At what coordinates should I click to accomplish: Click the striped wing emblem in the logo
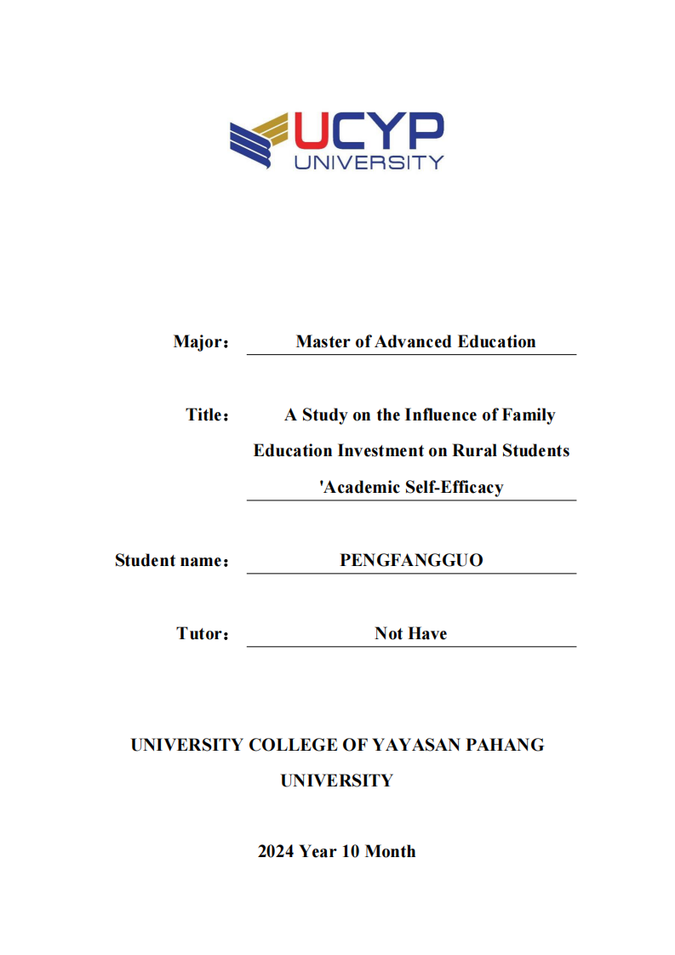tap(259, 140)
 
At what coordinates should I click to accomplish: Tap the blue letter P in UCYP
tap(425, 131)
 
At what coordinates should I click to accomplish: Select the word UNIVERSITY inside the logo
tap(369, 162)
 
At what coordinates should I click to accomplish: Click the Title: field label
tap(208, 415)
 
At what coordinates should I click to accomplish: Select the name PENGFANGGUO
tap(411, 560)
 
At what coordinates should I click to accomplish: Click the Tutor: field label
tap(203, 634)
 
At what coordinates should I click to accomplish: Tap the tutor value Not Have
tap(410, 633)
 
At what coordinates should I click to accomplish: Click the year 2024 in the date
tap(276, 851)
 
